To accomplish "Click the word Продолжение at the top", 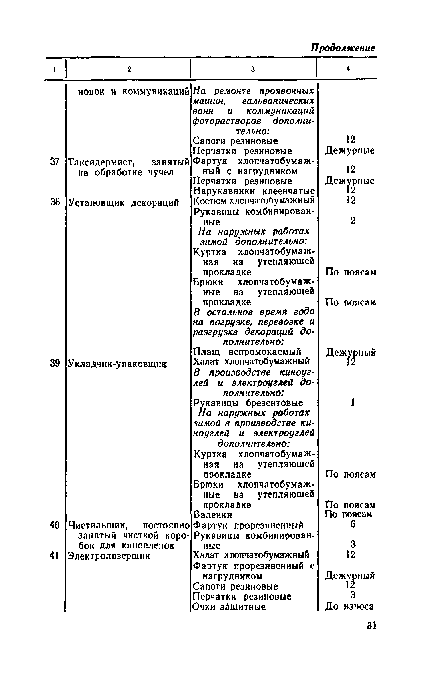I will coord(343,47).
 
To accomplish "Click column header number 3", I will coord(253,69).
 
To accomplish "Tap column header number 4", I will coord(348,69).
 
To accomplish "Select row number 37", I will coord(54,162).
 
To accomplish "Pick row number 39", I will coord(54,363).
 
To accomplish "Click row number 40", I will coord(54,525).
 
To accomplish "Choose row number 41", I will coord(54,556).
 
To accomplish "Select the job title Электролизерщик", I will coord(108,556).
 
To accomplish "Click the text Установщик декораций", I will coord(123,203).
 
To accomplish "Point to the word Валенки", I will coord(213,515).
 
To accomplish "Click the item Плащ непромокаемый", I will coord(247,351).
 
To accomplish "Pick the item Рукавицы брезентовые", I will coord(248,403).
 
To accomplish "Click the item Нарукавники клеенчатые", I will coord(254,191).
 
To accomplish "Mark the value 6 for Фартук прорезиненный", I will coord(353,524).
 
